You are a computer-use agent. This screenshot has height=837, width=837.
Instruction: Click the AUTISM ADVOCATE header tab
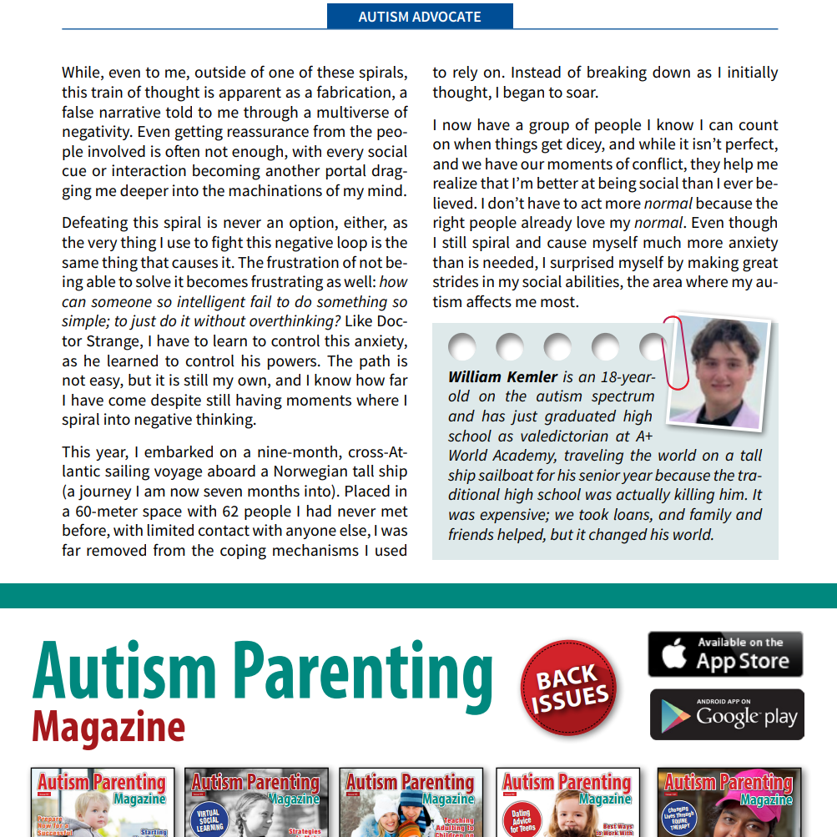click(x=420, y=16)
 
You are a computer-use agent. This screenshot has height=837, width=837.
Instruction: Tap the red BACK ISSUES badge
click(x=570, y=688)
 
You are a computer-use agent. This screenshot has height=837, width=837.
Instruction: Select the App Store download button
click(x=725, y=653)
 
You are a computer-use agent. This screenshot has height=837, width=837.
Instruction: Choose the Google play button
click(x=727, y=714)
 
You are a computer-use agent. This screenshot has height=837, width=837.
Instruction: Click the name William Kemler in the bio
click(x=502, y=377)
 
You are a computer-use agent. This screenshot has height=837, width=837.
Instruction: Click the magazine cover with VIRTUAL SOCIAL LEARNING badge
click(x=256, y=803)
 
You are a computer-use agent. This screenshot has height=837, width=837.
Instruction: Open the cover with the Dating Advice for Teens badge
click(x=567, y=803)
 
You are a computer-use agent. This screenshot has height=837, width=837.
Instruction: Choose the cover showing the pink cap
click(x=729, y=803)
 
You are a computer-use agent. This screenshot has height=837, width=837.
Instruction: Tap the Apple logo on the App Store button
click(x=673, y=654)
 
